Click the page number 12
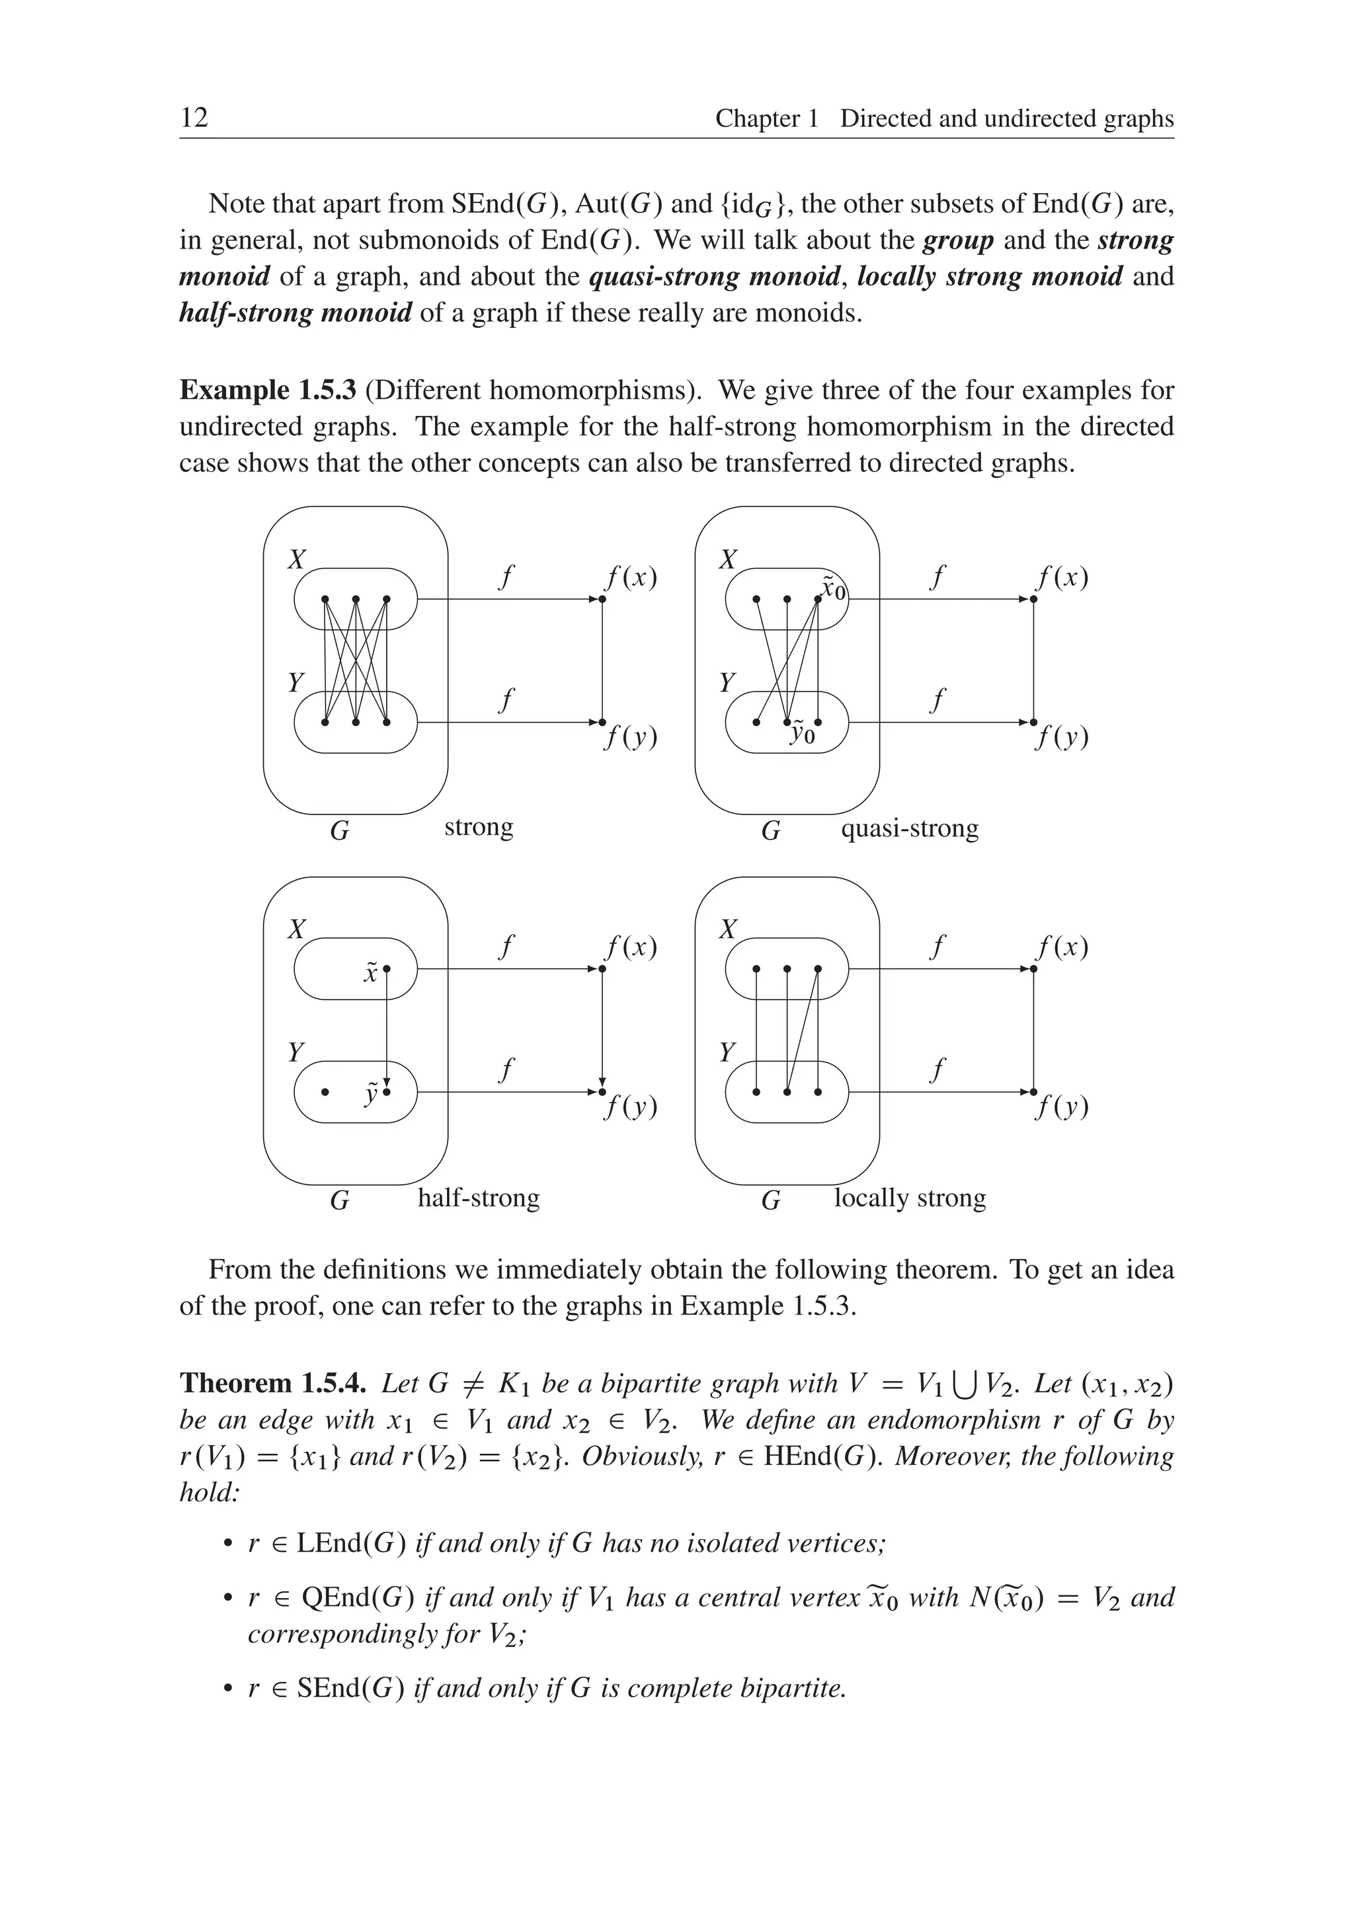194,118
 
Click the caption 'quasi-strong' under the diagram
909,829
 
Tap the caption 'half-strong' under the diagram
478,1198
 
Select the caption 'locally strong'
910,1198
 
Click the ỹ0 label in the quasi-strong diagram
802,734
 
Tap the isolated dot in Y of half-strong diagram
325,1092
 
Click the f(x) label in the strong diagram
631,578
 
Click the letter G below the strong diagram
339,831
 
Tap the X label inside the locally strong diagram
728,929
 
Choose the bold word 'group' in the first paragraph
958,240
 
